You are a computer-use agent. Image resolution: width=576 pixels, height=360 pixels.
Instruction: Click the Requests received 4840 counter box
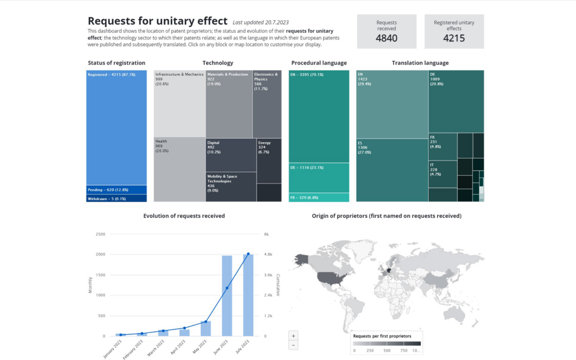pos(386,31)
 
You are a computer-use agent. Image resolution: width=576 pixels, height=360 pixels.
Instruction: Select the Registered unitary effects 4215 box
pos(454,31)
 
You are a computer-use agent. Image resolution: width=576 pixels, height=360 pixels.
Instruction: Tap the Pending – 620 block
pos(116,189)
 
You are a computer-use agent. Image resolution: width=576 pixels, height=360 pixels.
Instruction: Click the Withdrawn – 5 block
pos(116,198)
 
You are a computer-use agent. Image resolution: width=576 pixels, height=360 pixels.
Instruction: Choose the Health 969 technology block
pos(179,169)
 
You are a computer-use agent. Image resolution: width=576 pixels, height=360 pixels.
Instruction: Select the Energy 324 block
pos(269,161)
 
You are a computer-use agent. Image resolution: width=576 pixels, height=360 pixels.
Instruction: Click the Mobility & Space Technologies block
pos(231,187)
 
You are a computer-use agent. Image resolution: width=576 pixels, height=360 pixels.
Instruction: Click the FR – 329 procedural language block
pos(319,197)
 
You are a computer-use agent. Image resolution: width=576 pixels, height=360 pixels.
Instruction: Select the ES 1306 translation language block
pos(391,170)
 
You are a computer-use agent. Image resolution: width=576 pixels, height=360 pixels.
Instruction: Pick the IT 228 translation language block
pos(442,174)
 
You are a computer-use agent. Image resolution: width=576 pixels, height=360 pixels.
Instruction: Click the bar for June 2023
pos(227,296)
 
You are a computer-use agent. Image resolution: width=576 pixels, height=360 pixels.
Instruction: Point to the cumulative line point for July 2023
pos(248,254)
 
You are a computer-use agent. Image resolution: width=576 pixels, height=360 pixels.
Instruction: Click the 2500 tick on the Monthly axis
pos(100,234)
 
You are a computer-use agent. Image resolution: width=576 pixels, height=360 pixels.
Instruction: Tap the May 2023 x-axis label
pos(200,346)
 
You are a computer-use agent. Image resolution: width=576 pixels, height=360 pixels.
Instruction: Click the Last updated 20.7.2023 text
pos(260,22)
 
